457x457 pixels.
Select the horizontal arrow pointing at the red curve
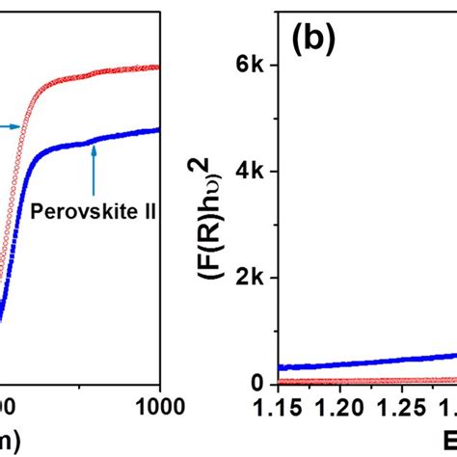point(12,125)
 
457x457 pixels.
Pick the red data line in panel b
point(366,380)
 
